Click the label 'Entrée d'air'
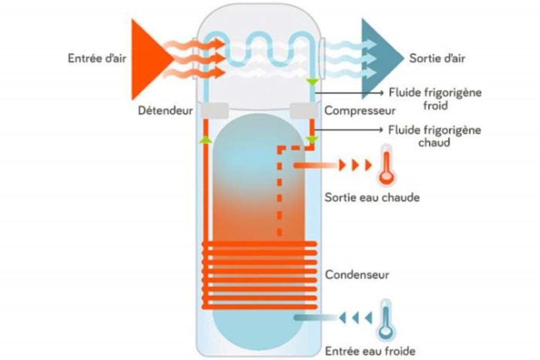click(97, 57)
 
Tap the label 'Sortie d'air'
click(437, 57)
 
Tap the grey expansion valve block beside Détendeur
click(211, 111)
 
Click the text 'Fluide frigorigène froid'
click(435, 99)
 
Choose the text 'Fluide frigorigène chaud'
click(435, 135)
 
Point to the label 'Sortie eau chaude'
click(372, 198)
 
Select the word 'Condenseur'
click(357, 275)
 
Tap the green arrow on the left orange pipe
click(206, 140)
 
